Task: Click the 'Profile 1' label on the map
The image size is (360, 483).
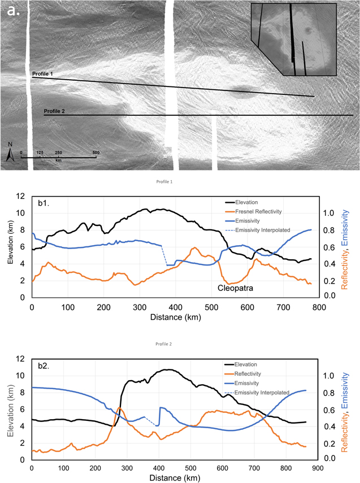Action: pyautogui.click(x=42, y=74)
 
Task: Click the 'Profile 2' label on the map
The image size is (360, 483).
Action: pyautogui.click(x=55, y=112)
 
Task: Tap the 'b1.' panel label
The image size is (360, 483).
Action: pyautogui.click(x=45, y=202)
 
